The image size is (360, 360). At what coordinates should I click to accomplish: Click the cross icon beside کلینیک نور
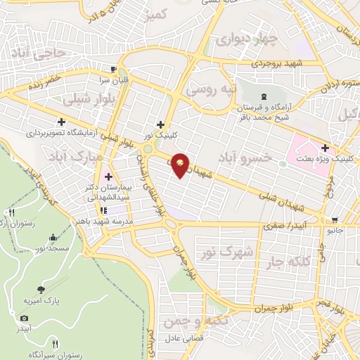[x=161, y=124]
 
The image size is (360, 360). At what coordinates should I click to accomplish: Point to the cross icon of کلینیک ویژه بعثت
[x=325, y=148]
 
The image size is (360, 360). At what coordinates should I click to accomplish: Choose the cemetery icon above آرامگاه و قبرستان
[x=264, y=96]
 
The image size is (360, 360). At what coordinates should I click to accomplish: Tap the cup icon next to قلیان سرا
[x=113, y=69]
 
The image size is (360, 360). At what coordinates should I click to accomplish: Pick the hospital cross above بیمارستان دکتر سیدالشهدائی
[x=108, y=176]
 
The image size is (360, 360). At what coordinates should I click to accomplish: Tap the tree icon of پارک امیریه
[x=41, y=288]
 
